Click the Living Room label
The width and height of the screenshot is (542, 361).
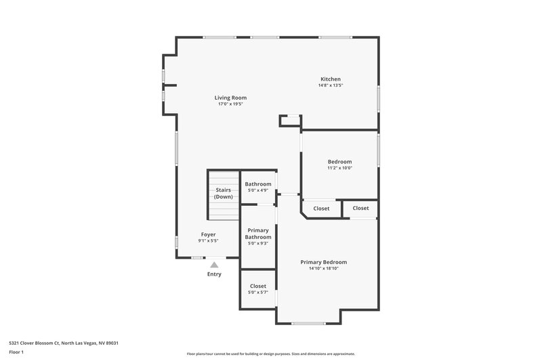(230, 98)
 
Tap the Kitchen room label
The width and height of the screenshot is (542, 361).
(331, 79)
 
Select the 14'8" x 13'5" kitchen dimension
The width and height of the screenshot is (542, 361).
(331, 85)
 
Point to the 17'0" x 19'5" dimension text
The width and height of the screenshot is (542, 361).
(230, 104)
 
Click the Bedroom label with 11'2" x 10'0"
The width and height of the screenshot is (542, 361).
(339, 161)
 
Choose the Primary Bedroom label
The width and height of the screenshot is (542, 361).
(324, 262)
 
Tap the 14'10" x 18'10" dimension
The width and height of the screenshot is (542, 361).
(324, 269)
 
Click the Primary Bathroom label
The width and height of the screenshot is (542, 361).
(258, 234)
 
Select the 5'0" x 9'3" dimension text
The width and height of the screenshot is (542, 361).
(258, 244)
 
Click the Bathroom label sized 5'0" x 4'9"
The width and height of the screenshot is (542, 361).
(258, 184)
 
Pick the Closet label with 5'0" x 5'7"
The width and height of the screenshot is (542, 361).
(258, 286)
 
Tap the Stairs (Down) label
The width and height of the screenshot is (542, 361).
(224, 193)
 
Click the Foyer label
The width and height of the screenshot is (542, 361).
(208, 234)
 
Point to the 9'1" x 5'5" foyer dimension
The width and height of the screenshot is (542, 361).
(208, 240)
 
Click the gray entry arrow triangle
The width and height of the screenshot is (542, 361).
(214, 265)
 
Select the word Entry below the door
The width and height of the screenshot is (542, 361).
(214, 274)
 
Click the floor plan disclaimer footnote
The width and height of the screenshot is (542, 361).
(270, 354)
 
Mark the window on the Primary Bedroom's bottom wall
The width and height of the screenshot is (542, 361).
(308, 323)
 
